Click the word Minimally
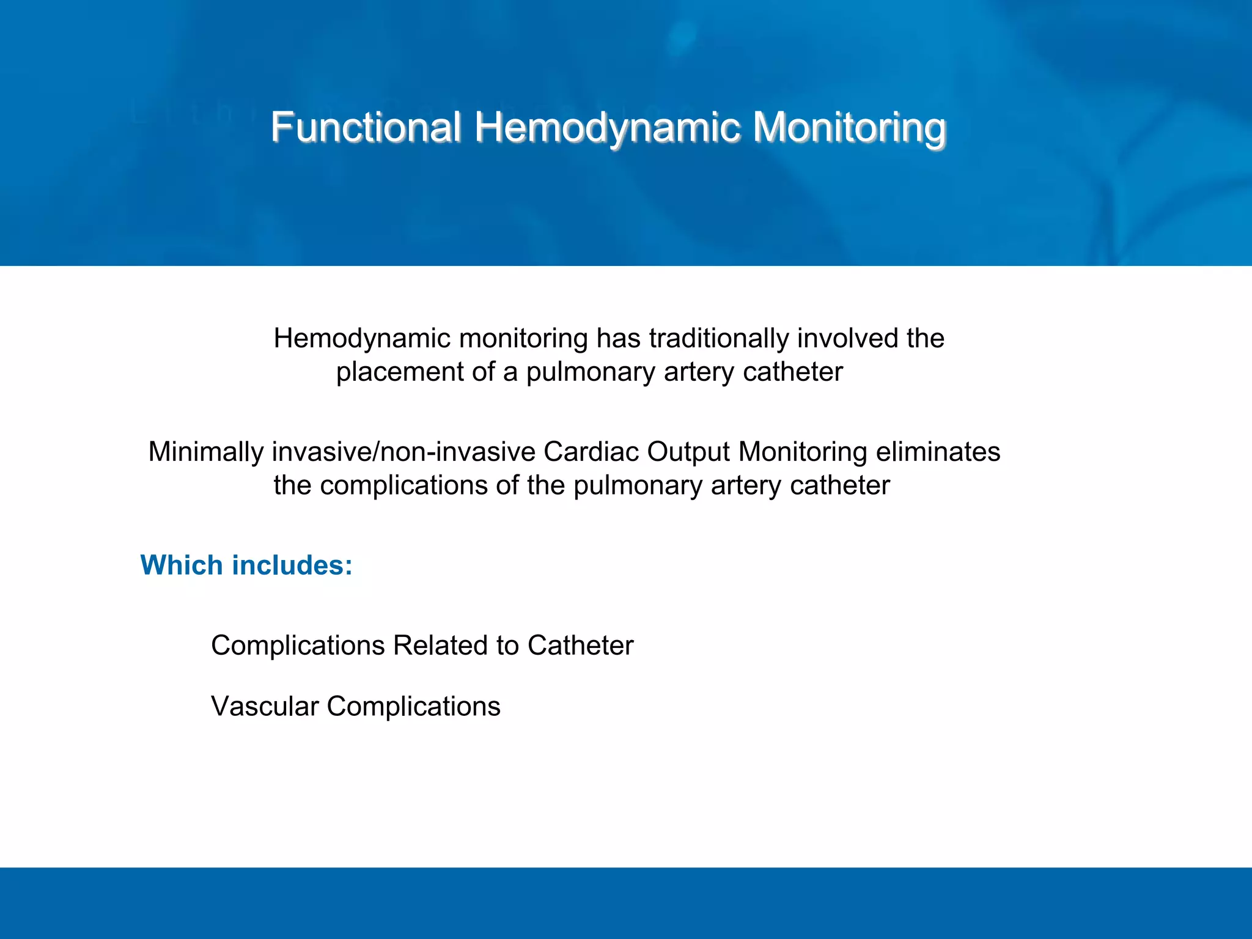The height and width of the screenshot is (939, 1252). pyautogui.click(x=206, y=452)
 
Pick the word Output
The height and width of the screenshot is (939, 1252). pyautogui.click(x=688, y=452)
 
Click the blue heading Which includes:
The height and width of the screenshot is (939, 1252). pyautogui.click(x=246, y=565)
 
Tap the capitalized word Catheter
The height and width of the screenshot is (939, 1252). pyautogui.click(x=580, y=646)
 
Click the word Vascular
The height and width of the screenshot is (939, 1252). pyautogui.click(x=265, y=706)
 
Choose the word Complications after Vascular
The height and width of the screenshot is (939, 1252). pyautogui.click(x=413, y=706)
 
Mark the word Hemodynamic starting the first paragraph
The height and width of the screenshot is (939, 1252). pyautogui.click(x=362, y=338)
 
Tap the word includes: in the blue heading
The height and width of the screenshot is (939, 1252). pyautogui.click(x=292, y=565)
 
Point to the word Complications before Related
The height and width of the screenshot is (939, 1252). pyautogui.click(x=298, y=646)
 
